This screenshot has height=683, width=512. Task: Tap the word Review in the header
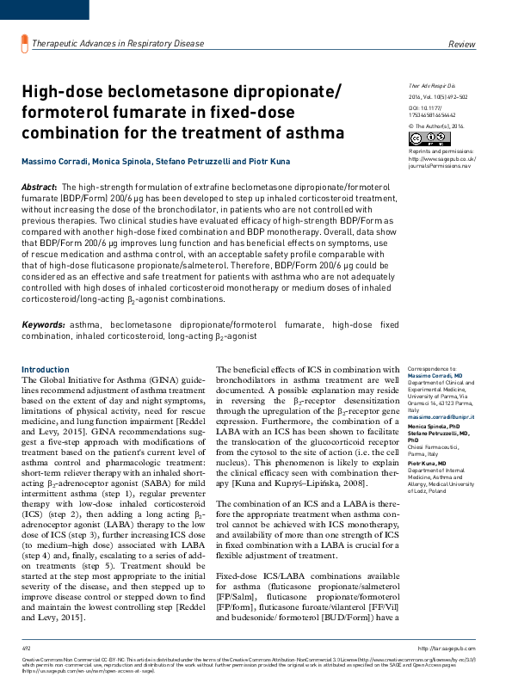[x=463, y=43]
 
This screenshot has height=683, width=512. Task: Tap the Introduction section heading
[x=45, y=369]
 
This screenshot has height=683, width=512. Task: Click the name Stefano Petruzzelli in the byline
[x=182, y=163]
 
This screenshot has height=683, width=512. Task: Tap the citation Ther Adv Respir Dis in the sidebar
[x=431, y=87]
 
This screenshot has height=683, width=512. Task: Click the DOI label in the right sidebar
[x=414, y=108]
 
